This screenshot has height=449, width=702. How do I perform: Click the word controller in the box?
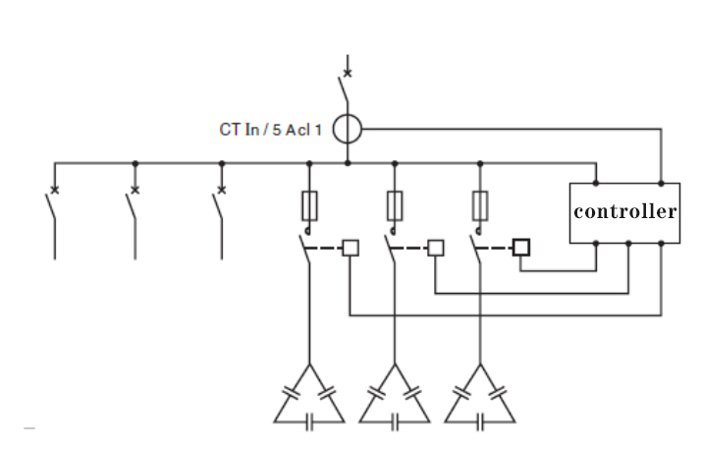[625, 211]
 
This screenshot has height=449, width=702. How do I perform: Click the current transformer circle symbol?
[347, 129]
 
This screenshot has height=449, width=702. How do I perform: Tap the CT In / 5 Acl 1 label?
[270, 130]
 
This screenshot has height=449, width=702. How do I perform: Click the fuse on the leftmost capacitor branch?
[309, 205]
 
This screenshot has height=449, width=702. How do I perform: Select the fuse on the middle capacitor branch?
[395, 205]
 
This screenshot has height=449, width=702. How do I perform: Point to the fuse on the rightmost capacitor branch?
[480, 205]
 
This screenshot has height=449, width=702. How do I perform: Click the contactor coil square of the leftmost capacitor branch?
[351, 248]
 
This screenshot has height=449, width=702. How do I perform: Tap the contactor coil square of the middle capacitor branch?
[436, 248]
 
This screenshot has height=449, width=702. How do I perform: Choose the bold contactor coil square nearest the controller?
[521, 248]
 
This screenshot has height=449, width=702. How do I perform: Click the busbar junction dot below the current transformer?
[348, 163]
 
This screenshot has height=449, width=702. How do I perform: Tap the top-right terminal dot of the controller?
[662, 184]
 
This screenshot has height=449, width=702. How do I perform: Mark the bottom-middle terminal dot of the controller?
[628, 244]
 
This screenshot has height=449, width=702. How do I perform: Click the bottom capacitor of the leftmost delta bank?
[309, 422]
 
